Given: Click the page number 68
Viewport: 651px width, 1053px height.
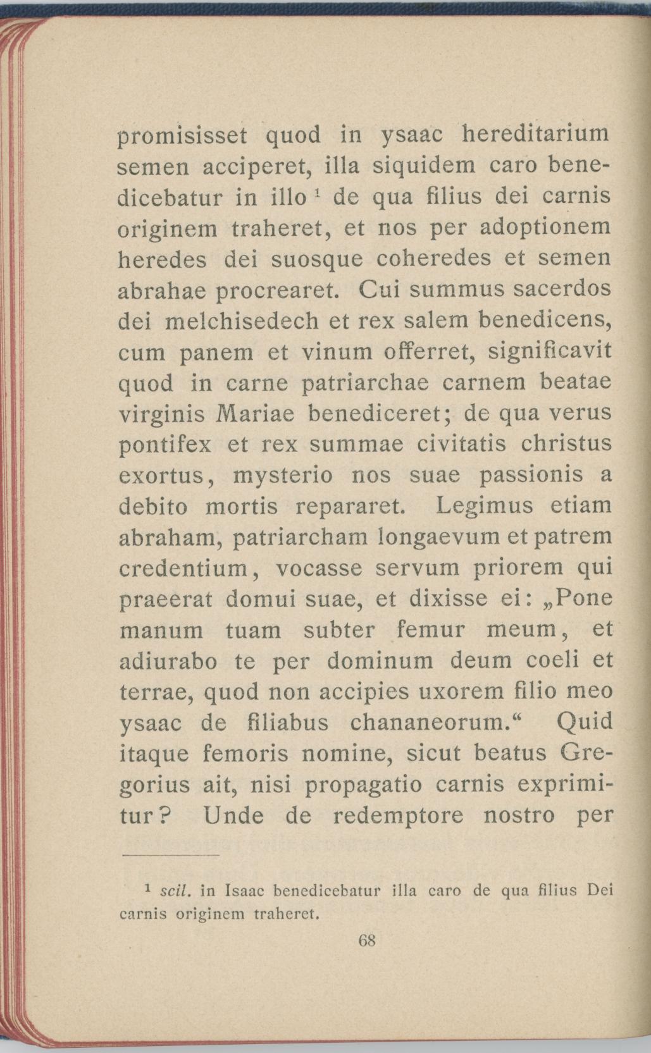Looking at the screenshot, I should coord(368,939).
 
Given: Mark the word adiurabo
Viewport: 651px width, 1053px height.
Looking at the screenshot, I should coord(168,662).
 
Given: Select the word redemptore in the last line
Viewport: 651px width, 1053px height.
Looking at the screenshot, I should coord(398,816).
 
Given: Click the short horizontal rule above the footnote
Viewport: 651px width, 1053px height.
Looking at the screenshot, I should coord(170,856).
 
